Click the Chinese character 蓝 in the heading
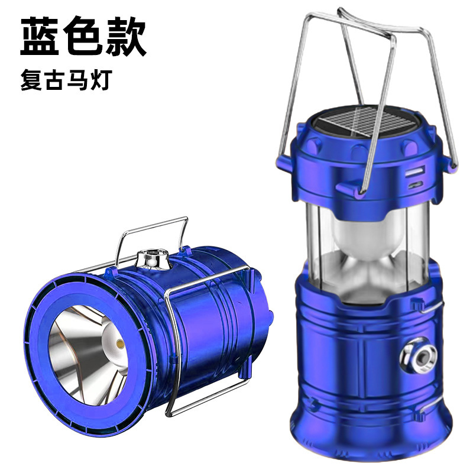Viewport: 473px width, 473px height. pos(39,37)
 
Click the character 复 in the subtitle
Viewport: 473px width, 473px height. pos(31,80)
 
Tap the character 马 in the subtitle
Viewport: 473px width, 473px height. pos(77,80)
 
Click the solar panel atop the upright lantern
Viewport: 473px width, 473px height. pos(366,122)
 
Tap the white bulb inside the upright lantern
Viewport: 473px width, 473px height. pos(368,238)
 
